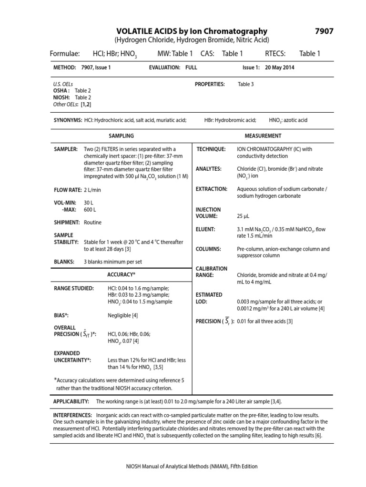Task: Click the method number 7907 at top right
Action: click(x=324, y=31)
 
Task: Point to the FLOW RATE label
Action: click(x=67, y=190)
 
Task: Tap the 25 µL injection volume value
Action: click(x=243, y=216)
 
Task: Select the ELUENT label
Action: click(x=205, y=229)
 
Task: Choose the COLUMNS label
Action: click(x=208, y=249)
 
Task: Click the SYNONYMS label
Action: click(x=68, y=120)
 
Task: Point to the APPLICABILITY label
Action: click(x=71, y=402)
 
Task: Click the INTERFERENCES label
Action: click(x=73, y=415)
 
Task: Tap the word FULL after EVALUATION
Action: click(x=191, y=68)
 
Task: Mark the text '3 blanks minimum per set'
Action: click(x=113, y=262)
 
